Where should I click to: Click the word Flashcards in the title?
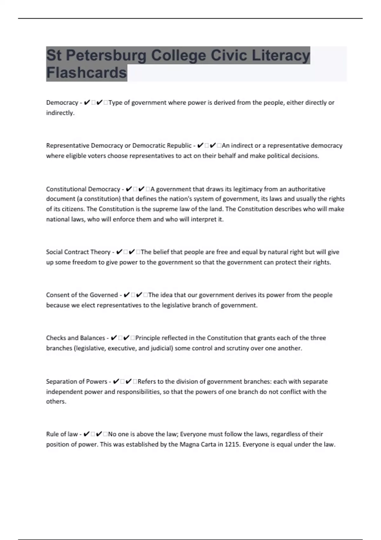(x=86, y=73)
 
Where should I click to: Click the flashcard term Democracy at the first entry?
(x=62, y=103)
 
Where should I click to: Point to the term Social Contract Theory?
(x=78, y=252)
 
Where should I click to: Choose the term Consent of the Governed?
(x=82, y=295)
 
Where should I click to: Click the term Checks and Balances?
(x=76, y=338)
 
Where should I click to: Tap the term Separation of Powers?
(x=77, y=381)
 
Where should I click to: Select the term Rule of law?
(x=62, y=434)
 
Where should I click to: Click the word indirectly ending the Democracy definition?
(x=60, y=113)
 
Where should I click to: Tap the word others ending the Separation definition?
(x=56, y=402)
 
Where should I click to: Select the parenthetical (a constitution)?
(x=98, y=199)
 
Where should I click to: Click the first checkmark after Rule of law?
(x=86, y=434)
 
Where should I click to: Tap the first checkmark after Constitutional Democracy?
(x=129, y=189)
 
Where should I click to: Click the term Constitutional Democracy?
(x=83, y=189)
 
